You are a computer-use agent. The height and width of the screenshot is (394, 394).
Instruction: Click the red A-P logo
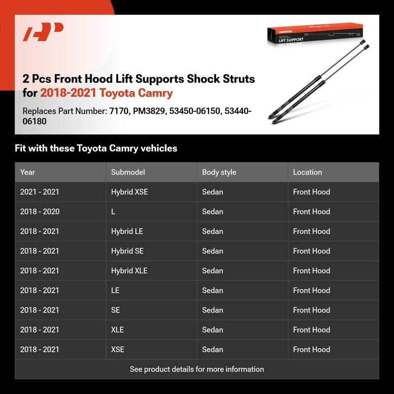pos(43,33)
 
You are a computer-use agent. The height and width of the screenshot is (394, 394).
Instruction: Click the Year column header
pos(28,172)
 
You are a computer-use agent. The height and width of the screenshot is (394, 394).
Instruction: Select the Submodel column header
pos(128,172)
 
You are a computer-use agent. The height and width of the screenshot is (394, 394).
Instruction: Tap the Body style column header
pos(219,172)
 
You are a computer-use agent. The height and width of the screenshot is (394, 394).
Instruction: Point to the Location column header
pos(307,172)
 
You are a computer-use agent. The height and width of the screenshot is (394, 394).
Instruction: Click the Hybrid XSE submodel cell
pos(130,192)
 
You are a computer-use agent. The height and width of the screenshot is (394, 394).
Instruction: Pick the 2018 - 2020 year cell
pos(40,212)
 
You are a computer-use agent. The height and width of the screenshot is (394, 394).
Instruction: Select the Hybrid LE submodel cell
pos(127,231)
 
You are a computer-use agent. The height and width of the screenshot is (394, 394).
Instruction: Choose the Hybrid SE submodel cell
pos(127,251)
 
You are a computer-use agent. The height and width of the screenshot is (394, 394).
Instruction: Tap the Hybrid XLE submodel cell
pos(129,271)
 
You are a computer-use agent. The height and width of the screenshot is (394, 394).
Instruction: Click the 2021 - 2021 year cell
pos(40,192)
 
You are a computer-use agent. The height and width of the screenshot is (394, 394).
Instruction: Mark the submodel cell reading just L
pos(113,212)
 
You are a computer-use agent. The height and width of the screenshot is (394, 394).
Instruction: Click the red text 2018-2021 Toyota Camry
pos(106,93)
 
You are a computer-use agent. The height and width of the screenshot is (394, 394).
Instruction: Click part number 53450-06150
pos(195,111)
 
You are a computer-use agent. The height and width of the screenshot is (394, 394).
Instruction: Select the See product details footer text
pos(197,369)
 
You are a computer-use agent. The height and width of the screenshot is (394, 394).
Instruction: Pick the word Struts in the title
pos(238,79)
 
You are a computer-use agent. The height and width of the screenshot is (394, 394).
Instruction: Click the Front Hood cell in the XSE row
pos(311,350)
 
